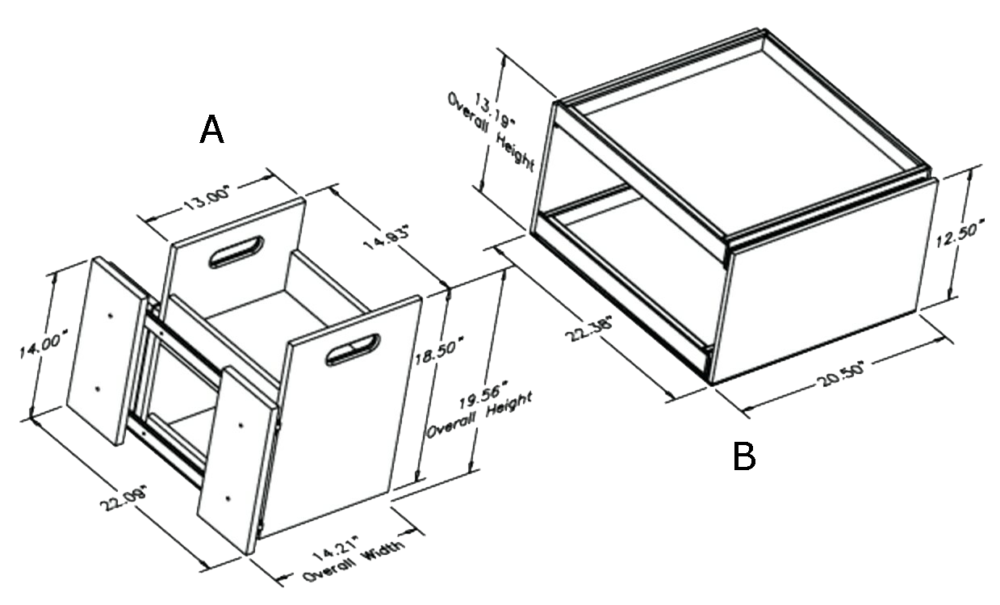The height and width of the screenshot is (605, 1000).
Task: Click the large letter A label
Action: pyautogui.click(x=211, y=129)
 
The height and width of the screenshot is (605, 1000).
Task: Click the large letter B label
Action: pyautogui.click(x=744, y=456)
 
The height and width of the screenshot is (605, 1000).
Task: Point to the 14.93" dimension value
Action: pyautogui.click(x=387, y=240)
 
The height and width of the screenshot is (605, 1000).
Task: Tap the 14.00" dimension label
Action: pyautogui.click(x=44, y=343)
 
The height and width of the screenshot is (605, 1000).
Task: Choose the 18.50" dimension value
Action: pyautogui.click(x=438, y=352)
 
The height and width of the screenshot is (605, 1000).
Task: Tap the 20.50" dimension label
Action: pyautogui.click(x=841, y=375)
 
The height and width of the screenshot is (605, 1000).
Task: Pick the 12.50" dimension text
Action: pyautogui.click(x=960, y=233)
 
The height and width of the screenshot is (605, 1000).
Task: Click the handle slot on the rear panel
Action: pyautogui.click(x=236, y=252)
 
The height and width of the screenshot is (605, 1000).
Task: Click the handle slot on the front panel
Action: pyautogui.click(x=354, y=350)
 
